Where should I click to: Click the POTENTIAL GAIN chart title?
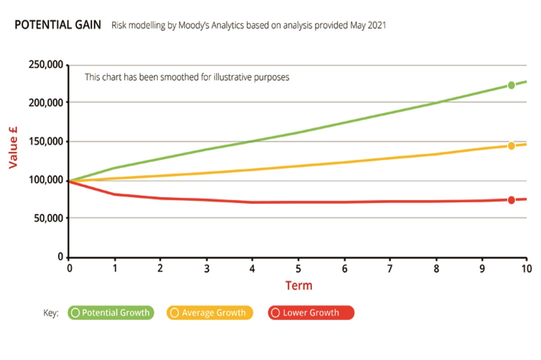[57, 24]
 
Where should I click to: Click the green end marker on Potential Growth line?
[511, 85]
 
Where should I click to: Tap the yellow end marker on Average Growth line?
[511, 146]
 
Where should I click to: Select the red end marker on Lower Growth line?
[511, 200]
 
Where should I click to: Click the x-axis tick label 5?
[298, 268]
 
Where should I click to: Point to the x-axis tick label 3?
[206, 268]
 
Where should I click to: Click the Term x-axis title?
[298, 285]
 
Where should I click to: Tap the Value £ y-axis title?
[13, 146]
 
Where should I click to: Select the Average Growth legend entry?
[210, 313]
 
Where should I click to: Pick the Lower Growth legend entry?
[310, 313]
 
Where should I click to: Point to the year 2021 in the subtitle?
[376, 25]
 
